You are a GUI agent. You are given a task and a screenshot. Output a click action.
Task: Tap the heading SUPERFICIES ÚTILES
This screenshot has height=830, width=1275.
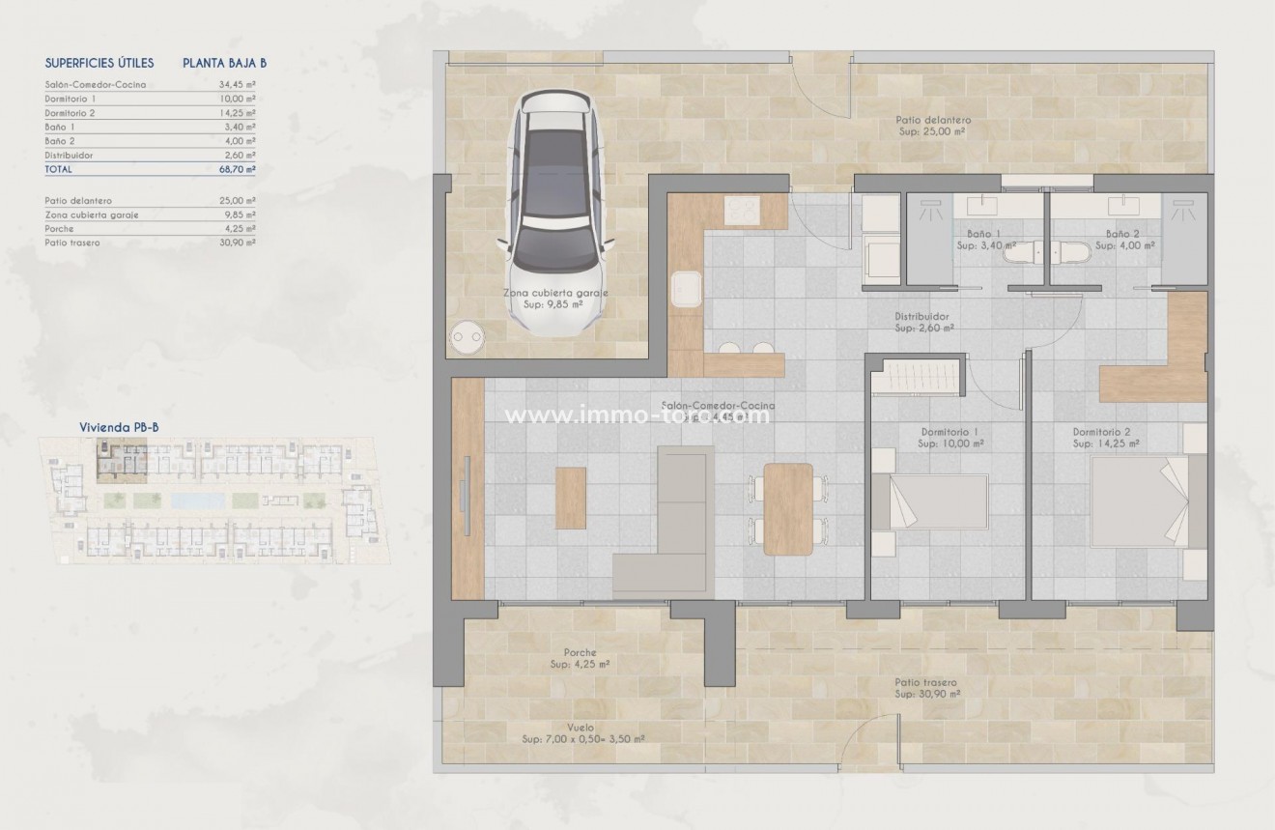[x=99, y=63]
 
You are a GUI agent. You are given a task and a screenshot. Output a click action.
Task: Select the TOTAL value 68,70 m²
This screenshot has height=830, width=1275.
[x=237, y=169]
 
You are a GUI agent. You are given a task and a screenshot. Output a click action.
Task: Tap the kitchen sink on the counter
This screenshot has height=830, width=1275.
[x=686, y=288]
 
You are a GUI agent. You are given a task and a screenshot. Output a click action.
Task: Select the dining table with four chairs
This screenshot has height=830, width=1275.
[x=788, y=509]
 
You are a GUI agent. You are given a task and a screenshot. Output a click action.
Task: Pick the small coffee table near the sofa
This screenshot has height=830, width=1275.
[x=571, y=498]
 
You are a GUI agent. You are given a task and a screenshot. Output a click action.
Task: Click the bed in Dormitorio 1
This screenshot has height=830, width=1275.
[x=928, y=501]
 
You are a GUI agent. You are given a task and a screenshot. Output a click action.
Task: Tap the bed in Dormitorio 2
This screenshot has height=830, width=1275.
[x=1140, y=501]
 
